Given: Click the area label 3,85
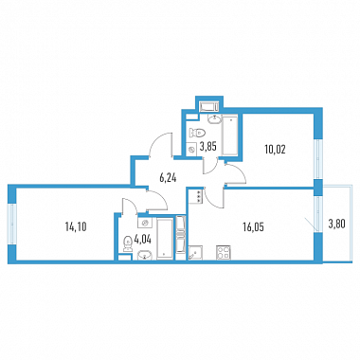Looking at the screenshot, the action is click(208, 147).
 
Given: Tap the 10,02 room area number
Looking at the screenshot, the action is click(275, 150).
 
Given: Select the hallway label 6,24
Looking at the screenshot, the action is click(168, 178).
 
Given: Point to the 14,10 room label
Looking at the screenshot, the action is click(76, 226).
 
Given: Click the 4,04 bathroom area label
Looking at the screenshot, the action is click(143, 240).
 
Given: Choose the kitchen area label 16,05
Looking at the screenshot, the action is click(253, 226).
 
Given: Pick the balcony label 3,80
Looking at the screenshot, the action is click(336, 225).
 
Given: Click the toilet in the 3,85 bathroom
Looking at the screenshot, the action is click(197, 132).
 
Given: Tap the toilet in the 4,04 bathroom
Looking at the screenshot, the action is click(128, 244).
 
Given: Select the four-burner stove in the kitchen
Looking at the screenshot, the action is click(224, 253).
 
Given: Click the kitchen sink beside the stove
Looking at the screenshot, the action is click(195, 253).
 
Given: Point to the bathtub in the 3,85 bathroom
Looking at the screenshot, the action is click(230, 135).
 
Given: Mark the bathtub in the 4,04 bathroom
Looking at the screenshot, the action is click(165, 239).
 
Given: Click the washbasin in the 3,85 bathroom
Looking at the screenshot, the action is click(215, 119).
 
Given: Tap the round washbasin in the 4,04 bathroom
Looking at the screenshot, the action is click(145, 255).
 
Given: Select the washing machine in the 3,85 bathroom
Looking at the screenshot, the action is click(191, 149).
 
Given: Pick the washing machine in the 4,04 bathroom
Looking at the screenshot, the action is click(145, 223).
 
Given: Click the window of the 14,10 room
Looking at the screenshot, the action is click(12, 224).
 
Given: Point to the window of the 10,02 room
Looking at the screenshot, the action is click(318, 158).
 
